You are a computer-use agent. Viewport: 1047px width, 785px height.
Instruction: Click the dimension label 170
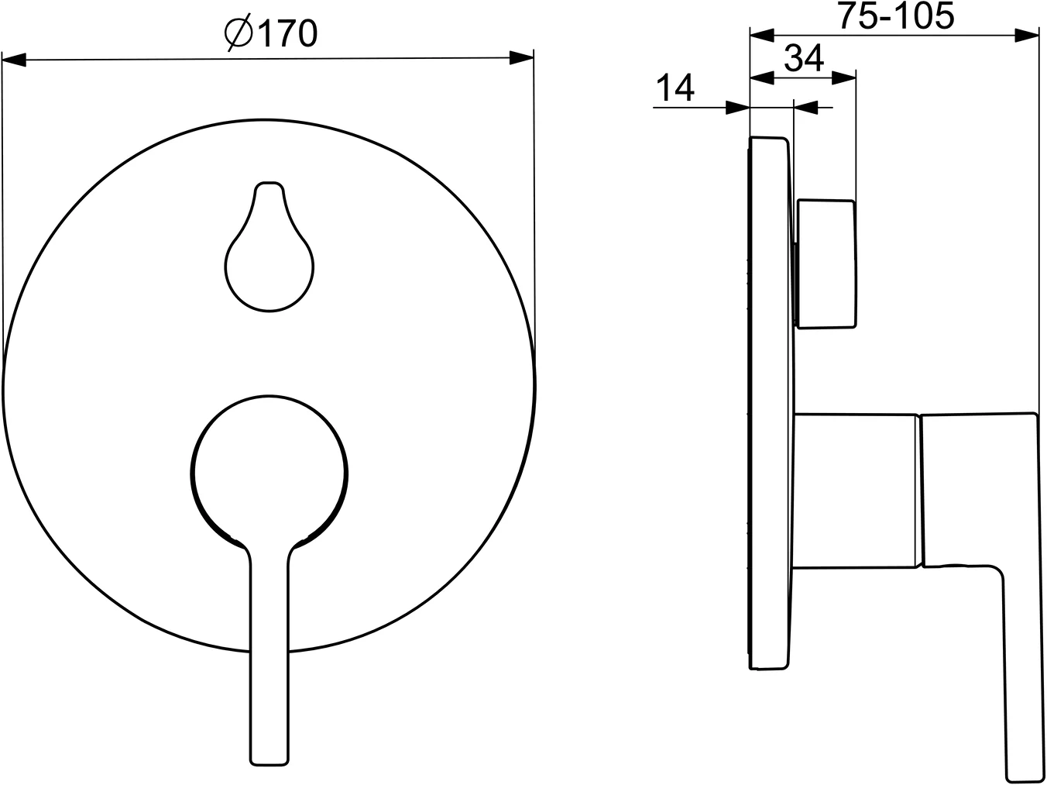tap(286, 33)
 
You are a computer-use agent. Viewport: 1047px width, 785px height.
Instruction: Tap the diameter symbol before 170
tap(238, 33)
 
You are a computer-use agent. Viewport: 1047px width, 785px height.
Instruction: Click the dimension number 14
tap(676, 88)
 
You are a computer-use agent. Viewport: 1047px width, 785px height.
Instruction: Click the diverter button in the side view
tap(826, 264)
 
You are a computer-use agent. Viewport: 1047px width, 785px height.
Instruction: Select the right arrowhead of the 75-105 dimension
tap(1027, 34)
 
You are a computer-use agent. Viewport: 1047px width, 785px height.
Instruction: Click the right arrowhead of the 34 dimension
tap(845, 76)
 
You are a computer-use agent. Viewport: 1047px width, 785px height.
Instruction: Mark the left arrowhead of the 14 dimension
tap(738, 108)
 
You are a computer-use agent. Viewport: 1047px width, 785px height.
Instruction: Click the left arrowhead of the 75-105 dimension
tap(763, 34)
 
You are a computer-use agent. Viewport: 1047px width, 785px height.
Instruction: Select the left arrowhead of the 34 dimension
tap(763, 76)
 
